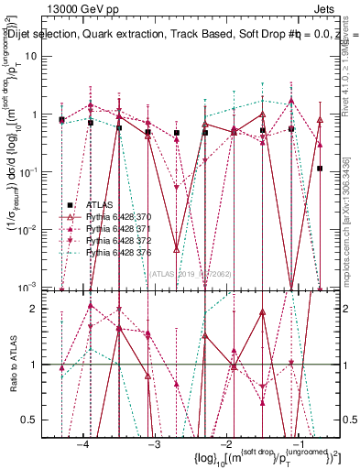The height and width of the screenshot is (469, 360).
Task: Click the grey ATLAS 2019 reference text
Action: (x=193, y=273)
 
